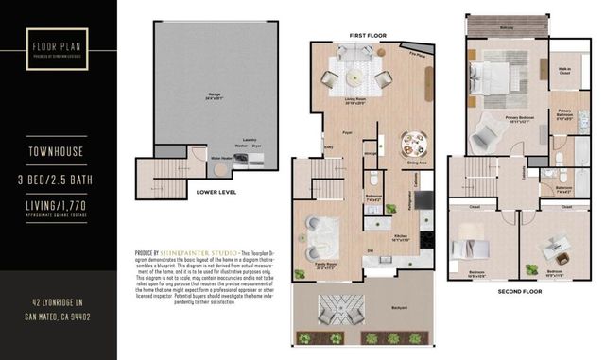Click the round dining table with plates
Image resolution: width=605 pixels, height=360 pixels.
(413, 143)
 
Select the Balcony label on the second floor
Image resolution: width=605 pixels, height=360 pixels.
(507, 28)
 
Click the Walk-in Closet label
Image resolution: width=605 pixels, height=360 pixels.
(566, 69)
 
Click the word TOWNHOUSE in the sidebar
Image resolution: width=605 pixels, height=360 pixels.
(59, 148)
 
